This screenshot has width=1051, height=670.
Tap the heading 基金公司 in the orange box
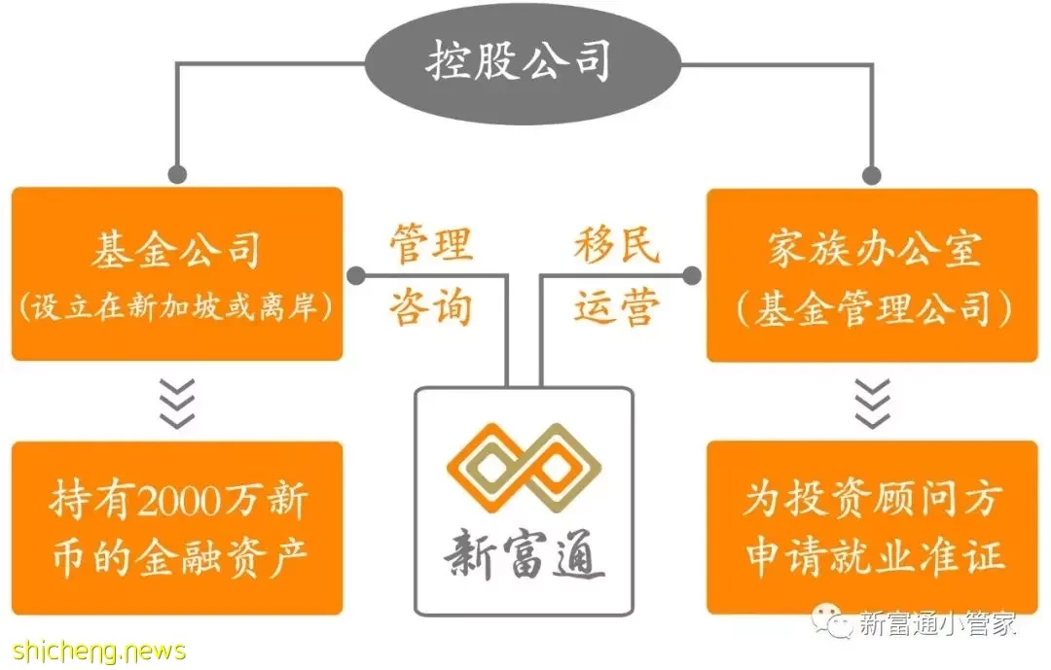[176, 250]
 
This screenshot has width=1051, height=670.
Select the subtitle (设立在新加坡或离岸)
[176, 307]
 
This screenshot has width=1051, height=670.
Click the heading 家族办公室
[874, 249]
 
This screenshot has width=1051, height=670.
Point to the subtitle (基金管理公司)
[874, 309]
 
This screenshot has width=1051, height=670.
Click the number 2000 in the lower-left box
[181, 501]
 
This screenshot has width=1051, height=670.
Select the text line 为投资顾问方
[873, 500]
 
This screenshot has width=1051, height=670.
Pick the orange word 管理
[432, 244]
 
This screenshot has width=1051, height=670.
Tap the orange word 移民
[617, 243]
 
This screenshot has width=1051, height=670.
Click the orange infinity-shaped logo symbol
[525, 467]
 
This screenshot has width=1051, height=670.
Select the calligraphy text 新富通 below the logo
[525, 552]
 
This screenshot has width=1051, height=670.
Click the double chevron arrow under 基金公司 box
[177, 404]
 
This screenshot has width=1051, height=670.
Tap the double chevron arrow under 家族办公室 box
[873, 404]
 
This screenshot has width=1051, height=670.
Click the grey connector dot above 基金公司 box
[177, 175]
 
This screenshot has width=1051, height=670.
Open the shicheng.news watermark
[99, 651]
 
